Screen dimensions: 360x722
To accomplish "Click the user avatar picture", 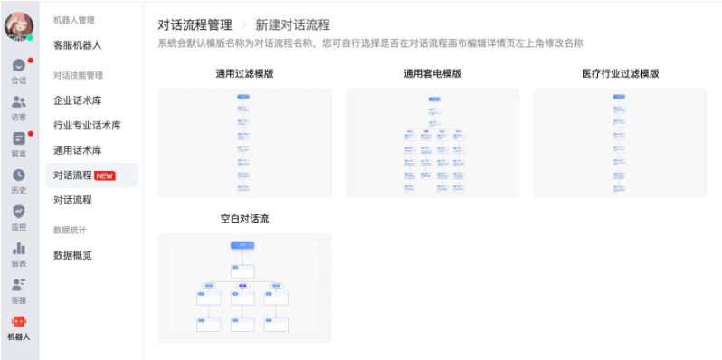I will coord(18,26).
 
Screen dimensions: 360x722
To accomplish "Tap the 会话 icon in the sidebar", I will coord(18,66).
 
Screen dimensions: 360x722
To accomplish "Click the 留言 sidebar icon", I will coord(18,139).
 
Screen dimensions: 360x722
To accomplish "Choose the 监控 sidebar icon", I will coord(18,212).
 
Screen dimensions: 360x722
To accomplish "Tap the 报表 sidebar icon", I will coord(18,249).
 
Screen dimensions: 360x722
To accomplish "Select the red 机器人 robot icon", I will coord(18,321).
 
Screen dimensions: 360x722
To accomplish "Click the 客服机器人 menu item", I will coord(78,45).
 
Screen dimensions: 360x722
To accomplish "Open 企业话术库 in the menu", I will coord(78,100).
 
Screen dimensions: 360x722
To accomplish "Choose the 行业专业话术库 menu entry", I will coord(87,126).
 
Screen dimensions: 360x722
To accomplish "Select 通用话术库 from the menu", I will coord(78,150).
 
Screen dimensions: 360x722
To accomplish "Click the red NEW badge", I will coord(105,175).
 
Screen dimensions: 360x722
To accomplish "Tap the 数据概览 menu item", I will coord(72,255).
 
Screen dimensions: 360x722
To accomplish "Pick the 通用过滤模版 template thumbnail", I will coord(244,143).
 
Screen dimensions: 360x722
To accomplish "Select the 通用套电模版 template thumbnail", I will coord(432,143).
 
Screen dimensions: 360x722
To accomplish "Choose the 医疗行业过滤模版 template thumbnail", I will coord(620,143).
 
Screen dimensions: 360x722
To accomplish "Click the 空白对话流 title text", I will coord(244,219).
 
